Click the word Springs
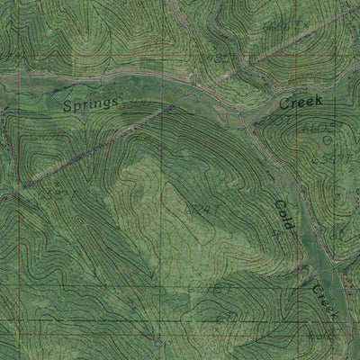click(92, 105)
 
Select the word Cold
click(282, 215)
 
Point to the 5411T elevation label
click(337, 159)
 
